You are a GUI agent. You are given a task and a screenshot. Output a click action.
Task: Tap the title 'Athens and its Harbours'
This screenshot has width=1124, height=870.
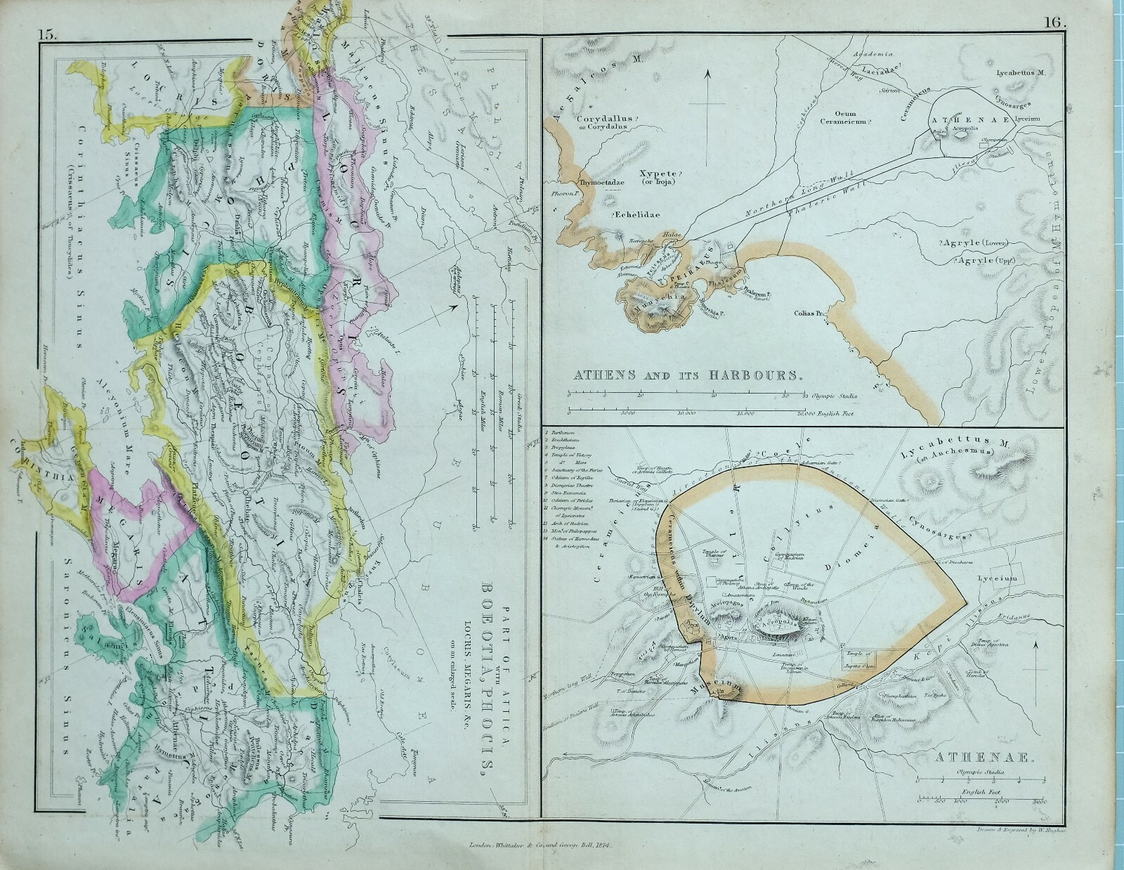pyautogui.click(x=688, y=375)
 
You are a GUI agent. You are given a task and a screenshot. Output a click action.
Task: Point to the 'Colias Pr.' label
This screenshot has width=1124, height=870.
pyautogui.click(x=806, y=313)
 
